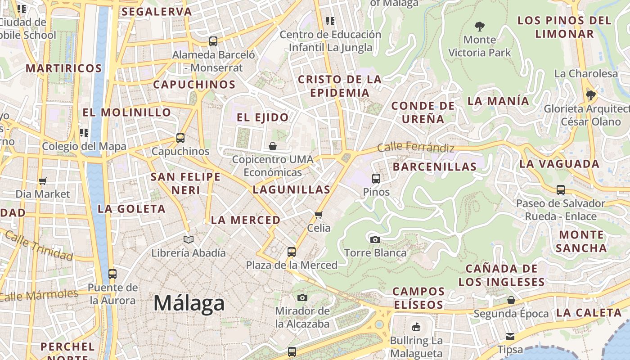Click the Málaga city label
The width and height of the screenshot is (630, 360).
[x=189, y=303]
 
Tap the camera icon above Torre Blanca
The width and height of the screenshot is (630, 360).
[x=375, y=239]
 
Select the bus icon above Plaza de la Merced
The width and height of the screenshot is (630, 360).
[x=292, y=252]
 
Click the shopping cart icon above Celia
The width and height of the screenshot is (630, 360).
[x=319, y=215]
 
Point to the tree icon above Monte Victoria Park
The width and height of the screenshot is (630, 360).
[x=480, y=27]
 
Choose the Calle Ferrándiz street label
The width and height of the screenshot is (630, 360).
[x=415, y=147]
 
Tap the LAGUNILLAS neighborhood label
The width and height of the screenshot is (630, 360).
[x=292, y=189]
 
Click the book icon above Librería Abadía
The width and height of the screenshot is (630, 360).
[x=189, y=239]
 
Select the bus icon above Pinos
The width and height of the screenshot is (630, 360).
[x=376, y=179]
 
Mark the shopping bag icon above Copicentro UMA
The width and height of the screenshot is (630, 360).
[x=273, y=146]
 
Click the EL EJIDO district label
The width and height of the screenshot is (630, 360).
[x=263, y=117]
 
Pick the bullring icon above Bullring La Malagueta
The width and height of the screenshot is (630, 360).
[x=416, y=327]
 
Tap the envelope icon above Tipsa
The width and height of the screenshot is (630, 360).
[x=510, y=336]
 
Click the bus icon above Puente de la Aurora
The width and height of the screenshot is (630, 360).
[x=112, y=274]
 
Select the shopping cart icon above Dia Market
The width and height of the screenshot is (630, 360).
[x=43, y=181]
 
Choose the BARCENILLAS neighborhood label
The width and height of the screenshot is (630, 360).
[x=435, y=166]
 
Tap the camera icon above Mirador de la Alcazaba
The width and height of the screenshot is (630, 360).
[x=302, y=297]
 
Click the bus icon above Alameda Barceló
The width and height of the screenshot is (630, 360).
[x=213, y=41]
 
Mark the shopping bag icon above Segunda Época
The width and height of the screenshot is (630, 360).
[x=511, y=300]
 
